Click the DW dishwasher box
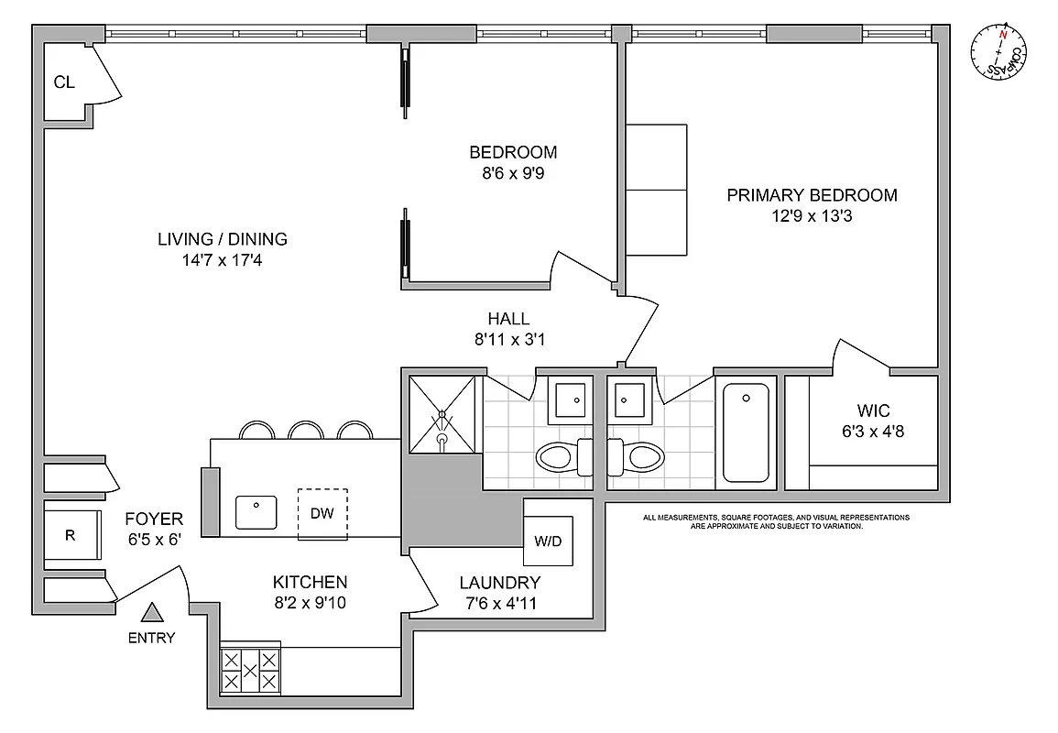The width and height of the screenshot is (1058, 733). point(322,513)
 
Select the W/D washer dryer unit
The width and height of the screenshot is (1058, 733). point(548,541)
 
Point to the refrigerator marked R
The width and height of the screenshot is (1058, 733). point(70,536)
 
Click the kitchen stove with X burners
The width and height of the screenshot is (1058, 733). point(250,671)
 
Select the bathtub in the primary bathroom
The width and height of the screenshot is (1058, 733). point(746,432)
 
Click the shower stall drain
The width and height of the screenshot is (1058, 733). point(442,438)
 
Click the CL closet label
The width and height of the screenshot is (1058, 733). point(63,82)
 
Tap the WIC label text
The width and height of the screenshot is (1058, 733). point(874,410)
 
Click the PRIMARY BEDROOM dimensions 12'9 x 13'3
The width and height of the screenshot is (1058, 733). point(812,217)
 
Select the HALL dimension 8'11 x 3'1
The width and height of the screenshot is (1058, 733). point(508,340)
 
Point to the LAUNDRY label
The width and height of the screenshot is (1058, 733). point(499,582)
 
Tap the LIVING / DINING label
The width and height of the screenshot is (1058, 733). point(222,239)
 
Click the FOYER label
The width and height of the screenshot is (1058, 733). point(153,519)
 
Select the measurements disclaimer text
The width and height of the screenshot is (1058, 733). point(776,522)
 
